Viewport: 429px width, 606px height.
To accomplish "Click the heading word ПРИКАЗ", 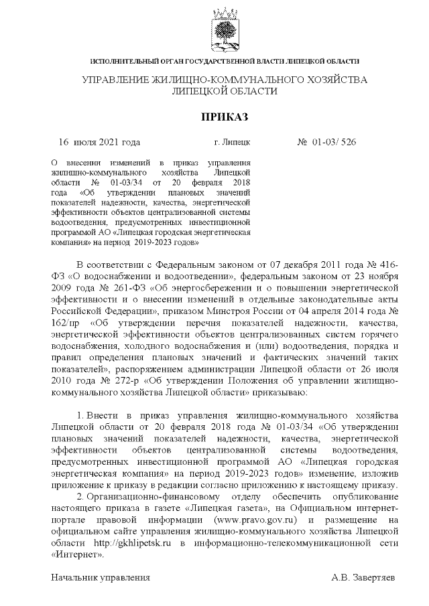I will tap(225, 117).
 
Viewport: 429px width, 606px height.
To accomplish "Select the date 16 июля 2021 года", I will tap(100, 142).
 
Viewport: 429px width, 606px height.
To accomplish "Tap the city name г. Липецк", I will tap(232, 142).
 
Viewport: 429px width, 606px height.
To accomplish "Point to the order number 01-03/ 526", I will tap(333, 142).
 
